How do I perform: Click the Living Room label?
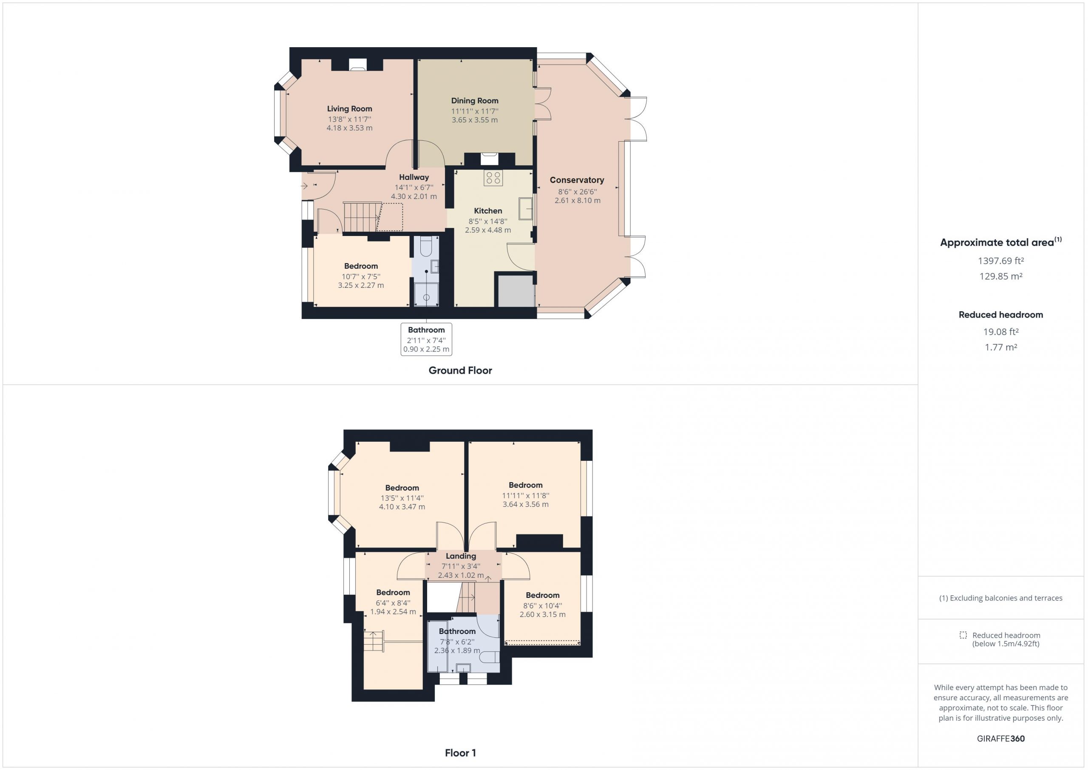pyautogui.click(x=349, y=108)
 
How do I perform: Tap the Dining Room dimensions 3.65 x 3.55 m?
pyautogui.click(x=474, y=120)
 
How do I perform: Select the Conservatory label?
pyautogui.click(x=577, y=180)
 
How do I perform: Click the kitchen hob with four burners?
pyautogui.click(x=493, y=178)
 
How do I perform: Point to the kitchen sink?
pyautogui.click(x=526, y=209)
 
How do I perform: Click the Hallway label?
pyautogui.click(x=414, y=177)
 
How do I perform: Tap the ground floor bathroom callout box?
pyautogui.click(x=426, y=339)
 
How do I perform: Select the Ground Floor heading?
pyautogui.click(x=460, y=370)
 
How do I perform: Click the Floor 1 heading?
pyautogui.click(x=460, y=753)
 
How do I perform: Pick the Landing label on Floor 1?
pyautogui.click(x=461, y=556)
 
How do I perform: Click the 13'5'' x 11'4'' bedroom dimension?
pyautogui.click(x=402, y=498)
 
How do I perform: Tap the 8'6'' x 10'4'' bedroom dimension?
pyautogui.click(x=542, y=606)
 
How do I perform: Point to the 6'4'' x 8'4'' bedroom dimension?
pyautogui.click(x=393, y=603)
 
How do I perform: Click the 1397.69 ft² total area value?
pyautogui.click(x=1001, y=261)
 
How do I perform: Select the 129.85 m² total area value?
pyautogui.click(x=1001, y=276)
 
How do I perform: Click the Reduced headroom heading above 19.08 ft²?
pyautogui.click(x=1001, y=315)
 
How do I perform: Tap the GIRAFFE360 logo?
pyautogui.click(x=1001, y=738)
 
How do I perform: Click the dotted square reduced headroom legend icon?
pyautogui.click(x=963, y=635)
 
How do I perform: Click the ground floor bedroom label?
pyautogui.click(x=361, y=266)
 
